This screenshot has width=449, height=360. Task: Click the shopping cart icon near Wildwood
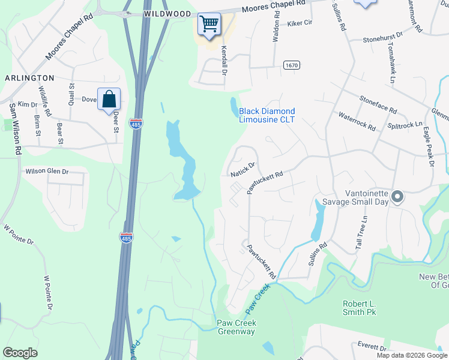click(x=209, y=25)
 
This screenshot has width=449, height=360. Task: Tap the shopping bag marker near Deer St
click(x=109, y=100)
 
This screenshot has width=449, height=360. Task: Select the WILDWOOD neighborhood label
click(x=167, y=14)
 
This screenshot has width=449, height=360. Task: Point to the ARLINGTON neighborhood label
click(x=29, y=78)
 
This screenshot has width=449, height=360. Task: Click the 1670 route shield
click(x=292, y=65)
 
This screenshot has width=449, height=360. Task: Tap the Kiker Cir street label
click(x=300, y=23)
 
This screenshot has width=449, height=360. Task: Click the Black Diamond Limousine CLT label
click(x=267, y=115)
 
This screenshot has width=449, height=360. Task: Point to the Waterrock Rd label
click(x=357, y=121)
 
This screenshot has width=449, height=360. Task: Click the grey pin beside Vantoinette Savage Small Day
click(x=397, y=196)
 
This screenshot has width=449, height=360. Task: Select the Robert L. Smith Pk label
click(x=359, y=308)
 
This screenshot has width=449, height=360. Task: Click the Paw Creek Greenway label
click(x=236, y=328)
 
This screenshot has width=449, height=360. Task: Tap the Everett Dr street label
click(x=372, y=346)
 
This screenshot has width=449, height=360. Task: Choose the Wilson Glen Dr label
click(x=47, y=172)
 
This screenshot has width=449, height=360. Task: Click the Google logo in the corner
click(x=20, y=353)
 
